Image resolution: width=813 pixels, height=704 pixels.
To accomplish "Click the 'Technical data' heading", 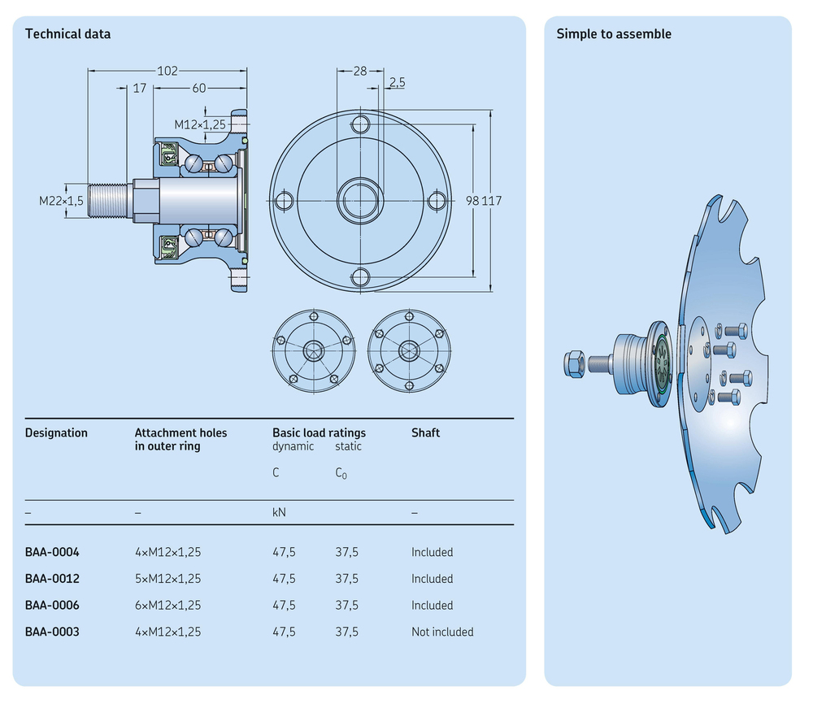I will pos(67,34).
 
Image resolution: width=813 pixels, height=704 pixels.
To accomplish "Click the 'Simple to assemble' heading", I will pos(614,34).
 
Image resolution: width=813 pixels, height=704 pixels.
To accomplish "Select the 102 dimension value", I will pos(167,71).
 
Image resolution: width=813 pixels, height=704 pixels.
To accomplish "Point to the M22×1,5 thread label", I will pos(61,201).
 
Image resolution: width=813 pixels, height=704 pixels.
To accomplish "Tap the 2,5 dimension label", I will pos(398,82).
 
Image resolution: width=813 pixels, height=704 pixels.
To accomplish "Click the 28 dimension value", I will pos(360,71).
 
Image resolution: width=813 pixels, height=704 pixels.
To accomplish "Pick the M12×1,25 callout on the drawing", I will pos(200,124).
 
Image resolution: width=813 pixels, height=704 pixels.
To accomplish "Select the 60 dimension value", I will pos(199,88).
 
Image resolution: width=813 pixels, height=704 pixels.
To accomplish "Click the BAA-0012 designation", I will pos(52,579).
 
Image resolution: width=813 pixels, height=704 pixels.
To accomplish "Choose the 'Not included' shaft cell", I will pos(442,632).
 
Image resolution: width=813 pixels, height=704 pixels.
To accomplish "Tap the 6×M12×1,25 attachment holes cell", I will pos(167,605).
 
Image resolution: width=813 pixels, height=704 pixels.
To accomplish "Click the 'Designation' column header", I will pos(56,432).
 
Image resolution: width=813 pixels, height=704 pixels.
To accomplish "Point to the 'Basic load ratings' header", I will pos(319,432).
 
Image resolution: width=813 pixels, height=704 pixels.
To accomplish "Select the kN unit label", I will pos(279,513).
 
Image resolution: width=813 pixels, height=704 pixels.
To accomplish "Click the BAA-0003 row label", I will pos(52,632).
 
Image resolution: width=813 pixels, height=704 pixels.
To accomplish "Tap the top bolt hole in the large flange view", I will pos(360,124).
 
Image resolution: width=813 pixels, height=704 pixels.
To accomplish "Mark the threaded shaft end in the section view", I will pos(108,201).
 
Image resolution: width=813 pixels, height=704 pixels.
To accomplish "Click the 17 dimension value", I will pos(139,88).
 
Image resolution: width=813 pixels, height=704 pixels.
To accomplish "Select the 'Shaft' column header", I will pos(425,432).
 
